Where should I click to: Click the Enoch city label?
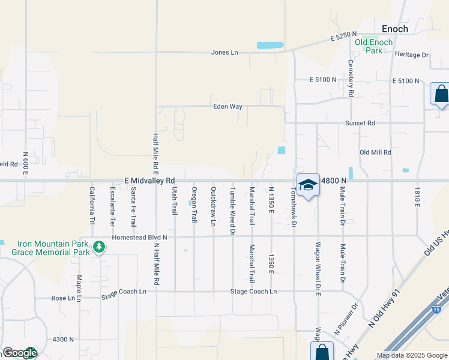(x=395, y=29)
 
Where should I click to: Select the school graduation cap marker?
(x=308, y=185)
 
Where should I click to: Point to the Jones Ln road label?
(x=224, y=52)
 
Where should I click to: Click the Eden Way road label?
(x=228, y=106)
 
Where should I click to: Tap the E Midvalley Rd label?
(x=149, y=180)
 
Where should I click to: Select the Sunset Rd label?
(x=360, y=123)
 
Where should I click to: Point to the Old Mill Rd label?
(x=375, y=152)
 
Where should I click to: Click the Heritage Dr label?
(x=412, y=55)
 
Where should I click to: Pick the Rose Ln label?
(x=63, y=298)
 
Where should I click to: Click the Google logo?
(x=19, y=353)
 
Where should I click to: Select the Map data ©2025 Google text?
(x=411, y=355)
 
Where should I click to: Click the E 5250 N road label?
(x=343, y=38)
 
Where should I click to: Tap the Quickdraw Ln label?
(x=213, y=206)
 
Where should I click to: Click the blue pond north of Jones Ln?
(x=271, y=45)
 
